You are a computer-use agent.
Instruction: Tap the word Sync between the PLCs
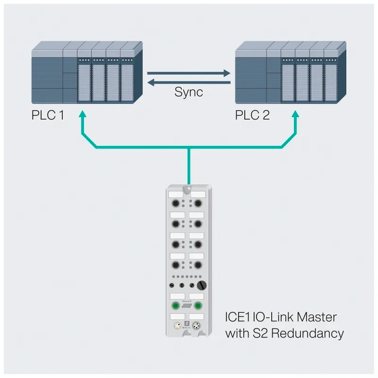tap(188, 92)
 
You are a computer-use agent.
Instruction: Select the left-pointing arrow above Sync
tap(189, 82)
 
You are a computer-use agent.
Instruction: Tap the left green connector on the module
tap(175, 306)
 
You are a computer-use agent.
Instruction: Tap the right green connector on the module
tap(198, 306)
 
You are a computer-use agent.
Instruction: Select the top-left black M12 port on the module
tap(175, 204)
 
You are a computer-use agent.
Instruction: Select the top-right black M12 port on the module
tap(198, 204)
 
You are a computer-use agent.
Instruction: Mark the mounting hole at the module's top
tap(187, 189)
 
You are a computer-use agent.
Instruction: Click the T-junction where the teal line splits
tap(188, 147)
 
